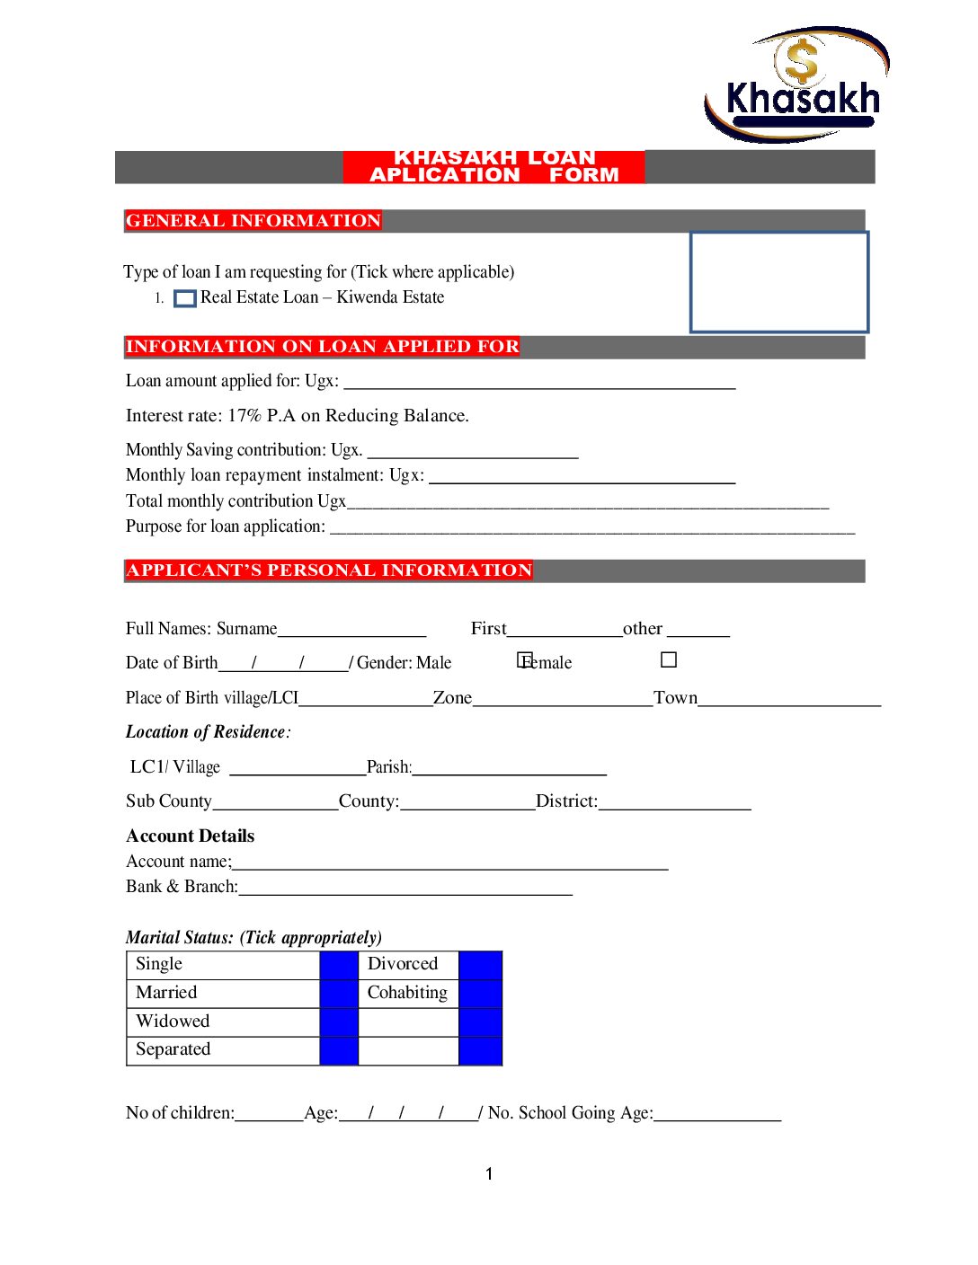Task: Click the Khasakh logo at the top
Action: click(796, 85)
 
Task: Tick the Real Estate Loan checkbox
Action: click(184, 298)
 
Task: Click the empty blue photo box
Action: click(778, 282)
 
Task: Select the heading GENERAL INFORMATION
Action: click(253, 221)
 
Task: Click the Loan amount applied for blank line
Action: click(539, 383)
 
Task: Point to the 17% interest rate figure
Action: click(244, 416)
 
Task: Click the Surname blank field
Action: click(351, 630)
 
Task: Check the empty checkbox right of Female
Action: click(669, 660)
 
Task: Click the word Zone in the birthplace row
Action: click(452, 698)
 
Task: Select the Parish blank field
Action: click(509, 768)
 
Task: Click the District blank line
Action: click(674, 802)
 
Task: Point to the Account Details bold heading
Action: click(191, 836)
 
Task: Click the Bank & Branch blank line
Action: click(405, 889)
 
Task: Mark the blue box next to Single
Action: click(339, 965)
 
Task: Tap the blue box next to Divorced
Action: click(480, 965)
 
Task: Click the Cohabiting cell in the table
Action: click(407, 993)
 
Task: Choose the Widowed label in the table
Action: click(173, 1022)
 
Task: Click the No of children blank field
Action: click(269, 1114)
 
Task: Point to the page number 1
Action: click(489, 1174)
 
